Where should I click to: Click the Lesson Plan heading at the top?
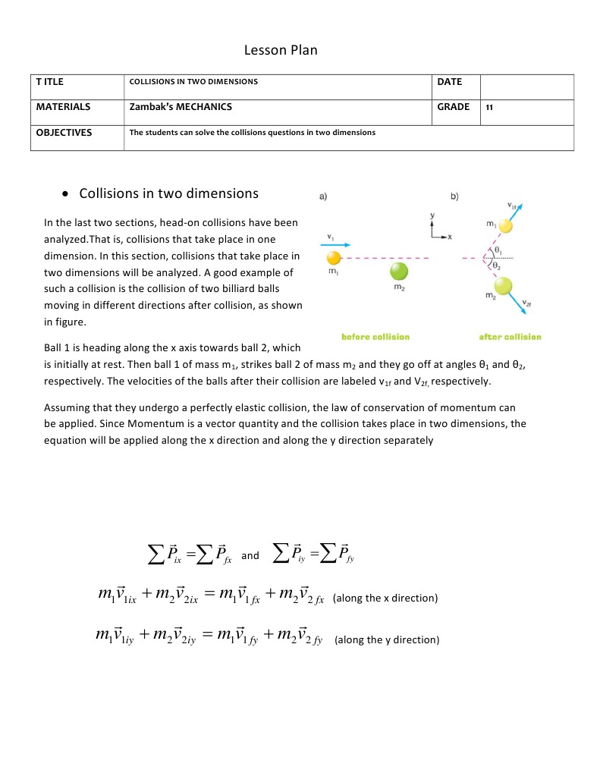(x=281, y=51)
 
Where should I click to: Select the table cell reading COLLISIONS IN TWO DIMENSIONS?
(x=193, y=82)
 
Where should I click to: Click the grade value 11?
(x=490, y=108)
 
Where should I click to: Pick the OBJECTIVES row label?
(x=64, y=132)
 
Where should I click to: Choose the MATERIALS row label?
(x=64, y=107)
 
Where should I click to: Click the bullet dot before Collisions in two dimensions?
(x=66, y=194)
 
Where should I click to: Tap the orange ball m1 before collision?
(x=334, y=259)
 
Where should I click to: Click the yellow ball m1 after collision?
(x=507, y=227)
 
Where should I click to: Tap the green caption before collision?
(x=375, y=337)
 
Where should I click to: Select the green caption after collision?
(x=510, y=337)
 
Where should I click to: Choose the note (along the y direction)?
(x=387, y=639)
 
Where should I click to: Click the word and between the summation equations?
(x=250, y=556)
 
